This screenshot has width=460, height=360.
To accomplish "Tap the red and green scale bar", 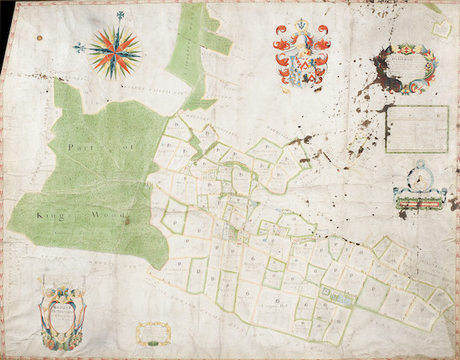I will click(x=420, y=199).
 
